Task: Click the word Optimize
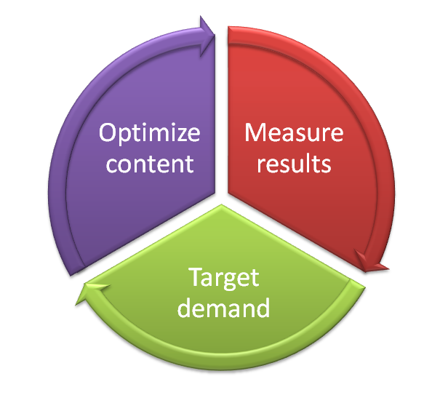(x=149, y=135)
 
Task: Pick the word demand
(x=225, y=308)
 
